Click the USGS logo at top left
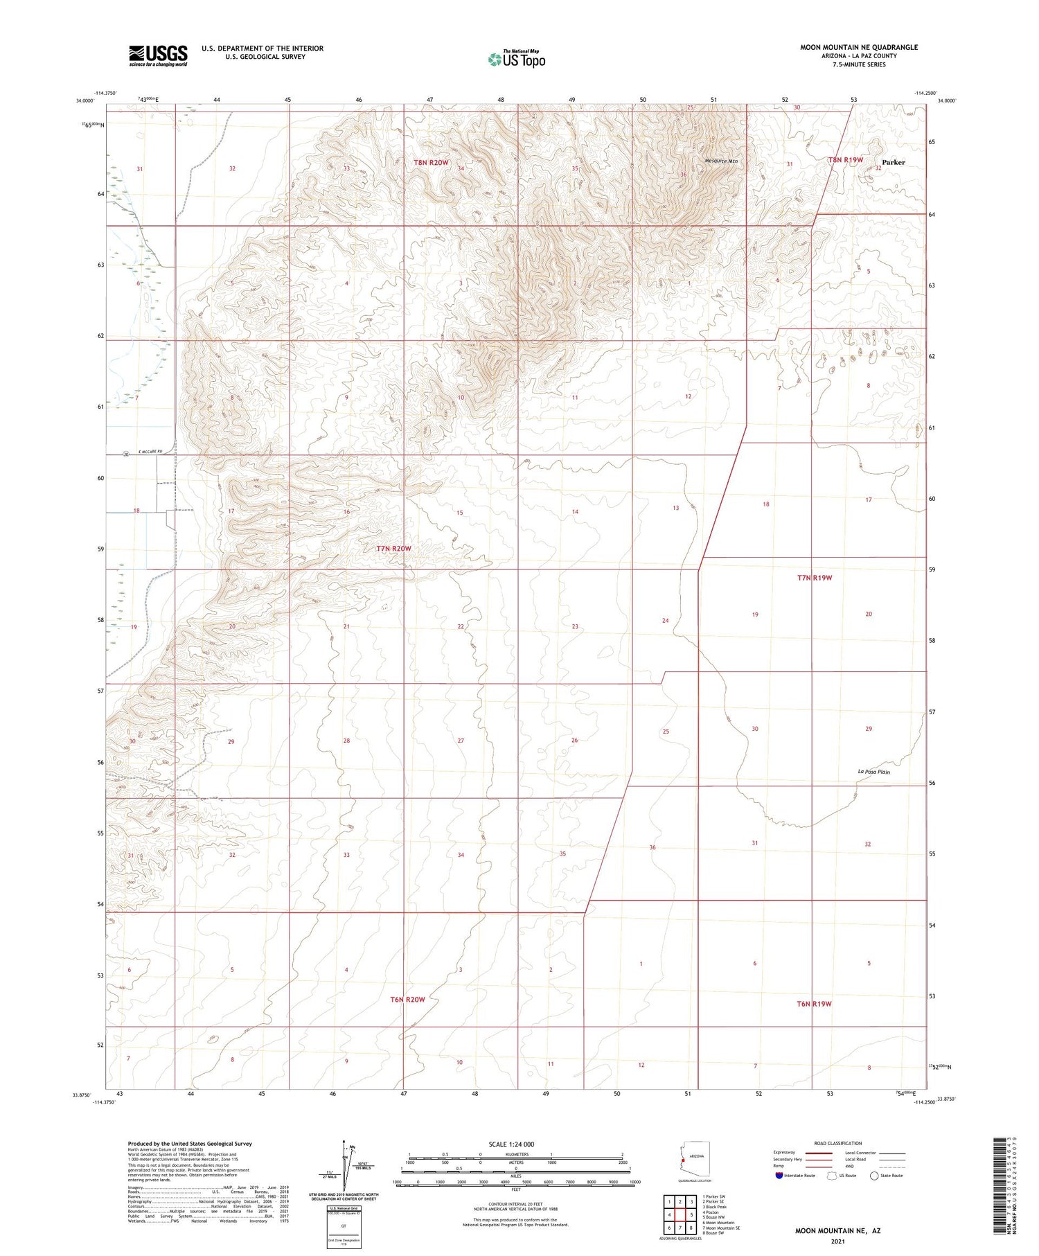click(x=158, y=55)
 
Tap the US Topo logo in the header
click(x=516, y=59)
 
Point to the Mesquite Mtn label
click(x=721, y=161)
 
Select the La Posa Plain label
click(x=873, y=772)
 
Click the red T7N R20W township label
click(x=393, y=549)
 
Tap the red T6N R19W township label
click(x=813, y=1004)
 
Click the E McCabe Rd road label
click(x=149, y=452)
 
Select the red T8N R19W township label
click(x=845, y=160)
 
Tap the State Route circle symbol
click(x=874, y=1176)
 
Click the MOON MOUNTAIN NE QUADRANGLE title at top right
click(x=858, y=47)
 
